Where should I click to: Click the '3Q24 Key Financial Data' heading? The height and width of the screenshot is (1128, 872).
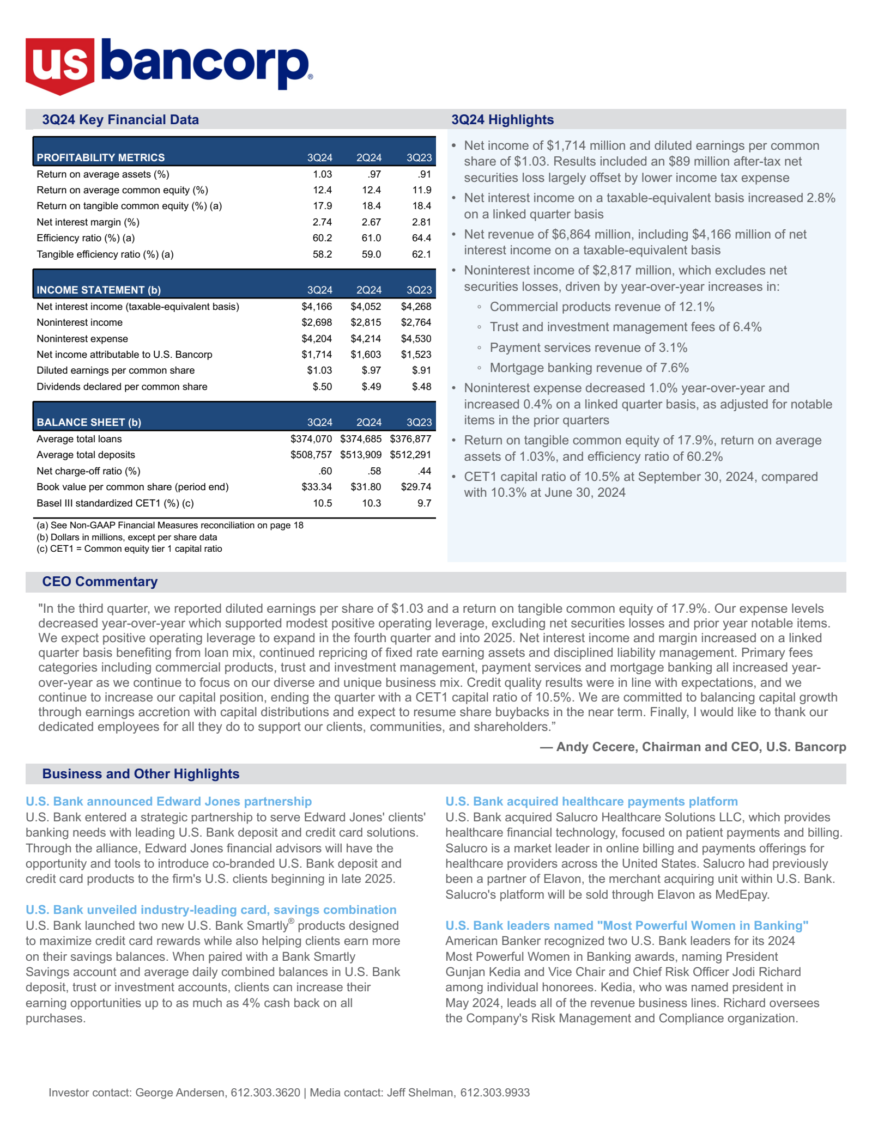(120, 120)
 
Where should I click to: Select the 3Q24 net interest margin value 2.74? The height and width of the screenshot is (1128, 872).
(322, 222)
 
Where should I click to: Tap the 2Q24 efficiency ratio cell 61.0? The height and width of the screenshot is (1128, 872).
(371, 238)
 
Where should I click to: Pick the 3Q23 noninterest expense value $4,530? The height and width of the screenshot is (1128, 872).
(416, 339)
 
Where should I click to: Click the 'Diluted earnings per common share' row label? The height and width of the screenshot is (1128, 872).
(116, 370)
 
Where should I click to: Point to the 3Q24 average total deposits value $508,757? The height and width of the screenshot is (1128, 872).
(311, 455)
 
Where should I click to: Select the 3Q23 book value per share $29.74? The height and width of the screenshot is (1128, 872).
(416, 487)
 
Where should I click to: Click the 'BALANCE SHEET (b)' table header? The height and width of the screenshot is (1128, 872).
(89, 422)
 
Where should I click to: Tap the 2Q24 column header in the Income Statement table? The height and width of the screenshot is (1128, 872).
(369, 290)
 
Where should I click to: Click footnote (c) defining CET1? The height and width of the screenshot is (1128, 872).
(129, 548)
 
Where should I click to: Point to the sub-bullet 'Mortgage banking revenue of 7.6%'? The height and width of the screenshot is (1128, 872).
(589, 368)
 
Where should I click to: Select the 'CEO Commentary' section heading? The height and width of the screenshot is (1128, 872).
(100, 582)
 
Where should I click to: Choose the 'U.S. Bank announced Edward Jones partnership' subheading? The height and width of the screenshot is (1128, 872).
(169, 801)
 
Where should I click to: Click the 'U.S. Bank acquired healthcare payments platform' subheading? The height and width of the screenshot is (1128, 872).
(591, 801)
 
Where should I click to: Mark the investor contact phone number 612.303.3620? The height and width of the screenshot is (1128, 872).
(265, 1093)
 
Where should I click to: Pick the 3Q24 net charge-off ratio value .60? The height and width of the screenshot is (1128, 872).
(325, 471)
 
